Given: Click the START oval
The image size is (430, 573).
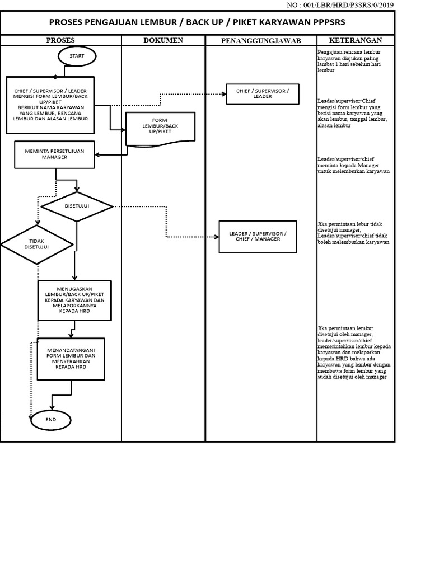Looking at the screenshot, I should click(77, 56).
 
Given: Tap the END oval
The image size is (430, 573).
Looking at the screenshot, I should click(51, 420).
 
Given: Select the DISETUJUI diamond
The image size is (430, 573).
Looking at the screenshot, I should click(77, 206).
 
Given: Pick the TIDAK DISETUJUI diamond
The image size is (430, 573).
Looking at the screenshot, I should click(37, 245).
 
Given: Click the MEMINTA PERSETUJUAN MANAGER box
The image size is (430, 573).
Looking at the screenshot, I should click(55, 154).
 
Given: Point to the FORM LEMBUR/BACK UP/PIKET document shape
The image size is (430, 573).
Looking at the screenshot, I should click(160, 129).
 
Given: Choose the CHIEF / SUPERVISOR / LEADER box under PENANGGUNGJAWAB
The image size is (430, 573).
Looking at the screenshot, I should click(262, 93).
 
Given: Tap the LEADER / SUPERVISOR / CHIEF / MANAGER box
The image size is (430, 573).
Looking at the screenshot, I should click(258, 236).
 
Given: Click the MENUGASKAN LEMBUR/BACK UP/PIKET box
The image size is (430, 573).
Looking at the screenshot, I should click(74, 300).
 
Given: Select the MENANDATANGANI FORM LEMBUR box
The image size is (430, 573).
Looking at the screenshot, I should click(71, 359).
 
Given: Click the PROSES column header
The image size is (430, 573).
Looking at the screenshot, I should click(60, 40).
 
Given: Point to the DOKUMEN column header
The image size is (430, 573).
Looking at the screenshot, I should click(163, 40).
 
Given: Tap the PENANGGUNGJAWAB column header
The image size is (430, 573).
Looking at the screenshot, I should click(261, 41).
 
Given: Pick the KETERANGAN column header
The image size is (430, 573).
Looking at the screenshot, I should click(356, 40).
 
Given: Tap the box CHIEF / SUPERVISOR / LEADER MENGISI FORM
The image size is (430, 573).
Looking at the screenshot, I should click(51, 105).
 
